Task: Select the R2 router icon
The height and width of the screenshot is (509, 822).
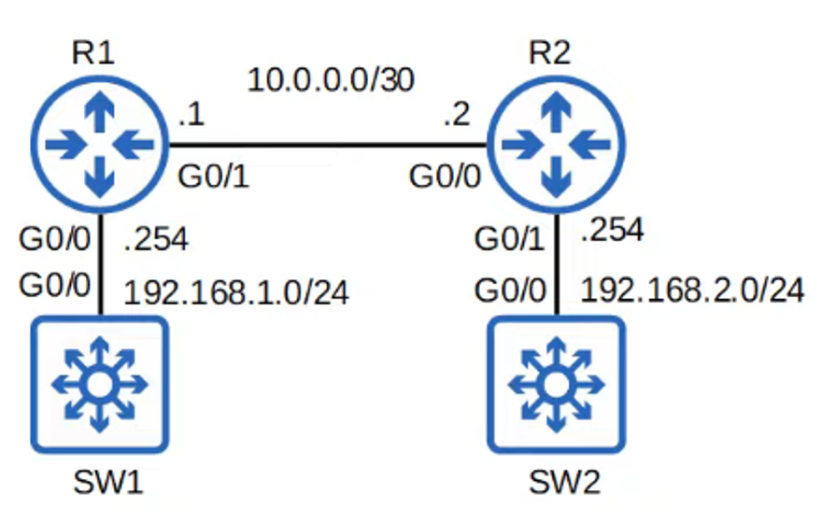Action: (557, 145)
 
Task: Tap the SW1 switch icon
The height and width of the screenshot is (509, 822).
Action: (99, 384)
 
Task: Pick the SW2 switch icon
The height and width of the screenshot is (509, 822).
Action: (557, 384)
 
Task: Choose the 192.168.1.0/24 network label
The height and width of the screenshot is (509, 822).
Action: (236, 292)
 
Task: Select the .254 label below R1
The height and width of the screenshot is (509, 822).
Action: (156, 240)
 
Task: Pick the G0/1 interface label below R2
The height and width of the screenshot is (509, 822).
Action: (510, 241)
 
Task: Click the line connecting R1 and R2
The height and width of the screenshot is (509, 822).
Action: (327, 146)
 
